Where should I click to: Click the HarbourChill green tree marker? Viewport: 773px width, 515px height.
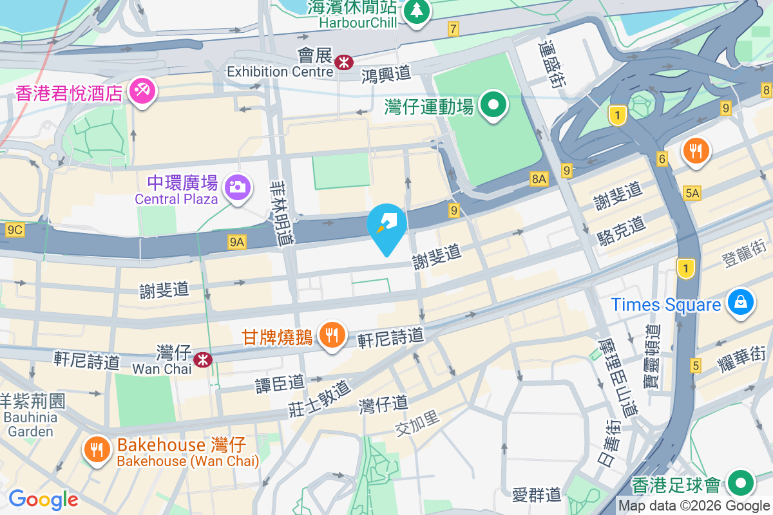pyautogui.click(x=417, y=11)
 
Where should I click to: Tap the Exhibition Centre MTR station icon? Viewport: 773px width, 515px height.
pyautogui.click(x=343, y=62)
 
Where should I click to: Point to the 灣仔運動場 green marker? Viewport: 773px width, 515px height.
pyautogui.click(x=494, y=105)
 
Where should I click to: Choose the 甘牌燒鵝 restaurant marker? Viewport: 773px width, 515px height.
pyautogui.click(x=332, y=335)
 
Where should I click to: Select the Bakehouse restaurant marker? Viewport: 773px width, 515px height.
pyautogui.click(x=97, y=450)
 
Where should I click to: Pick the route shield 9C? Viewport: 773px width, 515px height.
pyautogui.click(x=15, y=229)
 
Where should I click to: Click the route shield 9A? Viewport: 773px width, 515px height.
pyautogui.click(x=237, y=242)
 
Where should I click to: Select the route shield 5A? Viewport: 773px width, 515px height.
pyautogui.click(x=692, y=193)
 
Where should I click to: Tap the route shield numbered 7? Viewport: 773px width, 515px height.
pyautogui.click(x=453, y=28)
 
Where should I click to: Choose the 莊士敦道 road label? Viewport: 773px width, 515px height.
pyautogui.click(x=320, y=397)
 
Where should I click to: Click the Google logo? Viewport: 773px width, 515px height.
pyautogui.click(x=43, y=500)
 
